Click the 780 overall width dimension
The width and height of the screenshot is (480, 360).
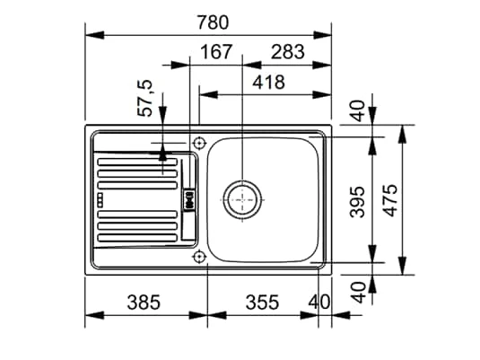[x=213, y=22]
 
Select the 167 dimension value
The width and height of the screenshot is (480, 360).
[x=216, y=52]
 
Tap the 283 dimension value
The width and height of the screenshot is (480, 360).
[x=288, y=52]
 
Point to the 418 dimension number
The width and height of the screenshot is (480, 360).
[x=268, y=82]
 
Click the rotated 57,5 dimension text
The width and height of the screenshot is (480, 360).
[x=144, y=98]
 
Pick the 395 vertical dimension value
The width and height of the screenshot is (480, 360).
[x=357, y=202]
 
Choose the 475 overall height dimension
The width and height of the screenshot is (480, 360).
[x=390, y=200]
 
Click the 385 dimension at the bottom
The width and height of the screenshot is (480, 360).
[x=144, y=302]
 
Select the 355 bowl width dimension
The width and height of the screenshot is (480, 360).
[x=262, y=302]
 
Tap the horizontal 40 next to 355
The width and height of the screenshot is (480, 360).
[x=319, y=302]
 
